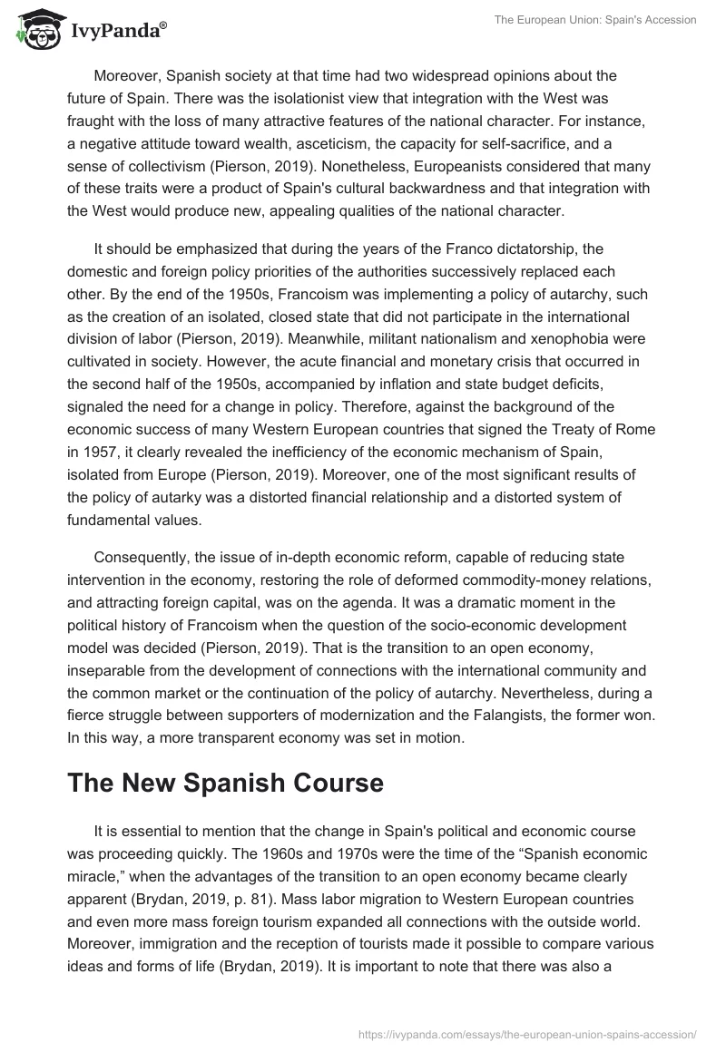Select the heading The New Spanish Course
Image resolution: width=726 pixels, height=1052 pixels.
pos(225,784)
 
